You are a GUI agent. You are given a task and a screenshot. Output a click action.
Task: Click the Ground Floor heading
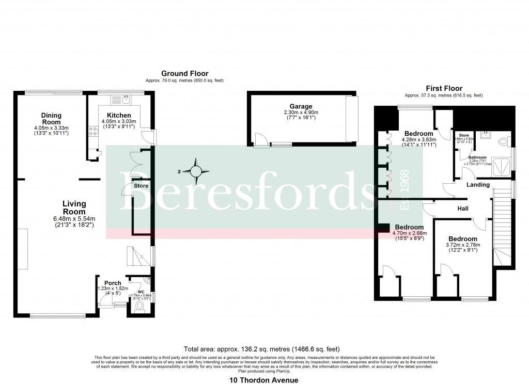tap(184, 74)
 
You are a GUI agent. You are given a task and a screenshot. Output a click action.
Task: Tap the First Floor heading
tap(444, 88)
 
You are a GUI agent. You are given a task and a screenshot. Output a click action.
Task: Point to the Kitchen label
tap(119, 115)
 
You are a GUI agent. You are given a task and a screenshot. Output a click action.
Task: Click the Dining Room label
tap(51, 119)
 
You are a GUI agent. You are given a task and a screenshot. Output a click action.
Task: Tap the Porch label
tap(113, 283)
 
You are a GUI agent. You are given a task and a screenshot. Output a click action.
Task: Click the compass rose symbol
tap(196, 171)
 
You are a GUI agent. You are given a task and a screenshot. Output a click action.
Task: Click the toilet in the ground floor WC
tap(139, 308)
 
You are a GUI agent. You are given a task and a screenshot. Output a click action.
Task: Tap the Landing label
tap(478, 185)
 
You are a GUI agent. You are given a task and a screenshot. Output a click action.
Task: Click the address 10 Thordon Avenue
tap(264, 380)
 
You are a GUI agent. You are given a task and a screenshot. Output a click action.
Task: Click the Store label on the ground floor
tap(142, 186)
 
